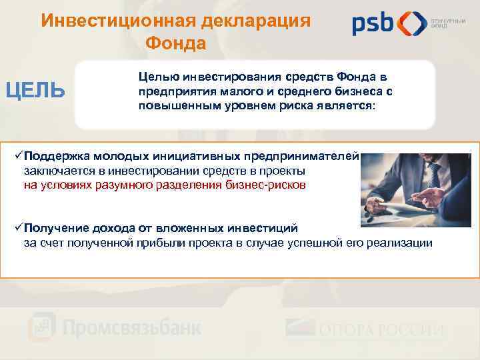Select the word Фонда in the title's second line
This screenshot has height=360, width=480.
[176, 43]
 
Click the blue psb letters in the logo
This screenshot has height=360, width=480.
[373, 24]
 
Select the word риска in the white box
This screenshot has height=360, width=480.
[297, 107]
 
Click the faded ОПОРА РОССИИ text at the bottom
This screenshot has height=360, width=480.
[380, 330]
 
